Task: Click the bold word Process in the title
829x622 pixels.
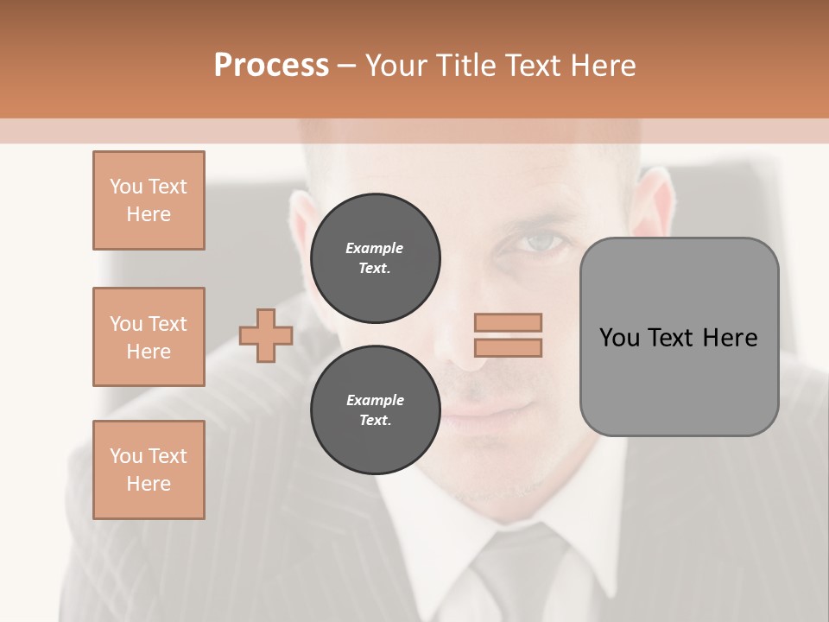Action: coord(271,66)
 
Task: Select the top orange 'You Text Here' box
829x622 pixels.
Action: coord(149,200)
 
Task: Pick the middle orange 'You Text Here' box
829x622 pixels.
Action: coord(149,337)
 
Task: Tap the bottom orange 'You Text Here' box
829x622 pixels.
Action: coord(149,469)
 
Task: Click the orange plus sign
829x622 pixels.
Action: coord(266,336)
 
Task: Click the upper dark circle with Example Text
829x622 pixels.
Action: coord(376,257)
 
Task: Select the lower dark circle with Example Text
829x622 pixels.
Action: coord(376,409)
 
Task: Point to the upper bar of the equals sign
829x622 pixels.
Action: coord(508,323)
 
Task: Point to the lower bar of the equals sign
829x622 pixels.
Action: coord(508,347)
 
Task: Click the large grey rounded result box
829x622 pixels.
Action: coord(679,380)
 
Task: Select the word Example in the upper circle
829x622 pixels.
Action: coord(375,248)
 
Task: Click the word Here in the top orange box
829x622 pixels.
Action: coord(149,214)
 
